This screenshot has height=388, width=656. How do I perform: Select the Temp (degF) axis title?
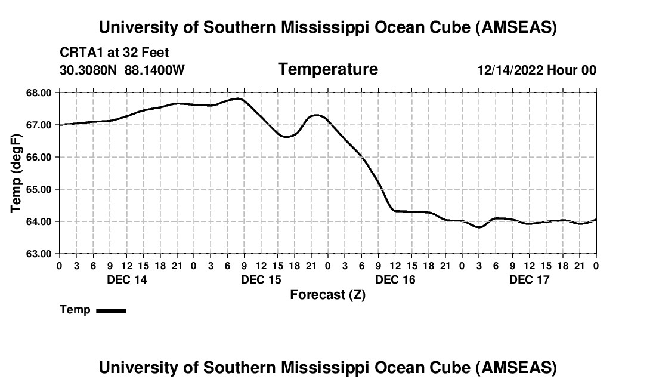tap(16, 173)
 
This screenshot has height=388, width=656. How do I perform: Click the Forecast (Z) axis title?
tap(327, 294)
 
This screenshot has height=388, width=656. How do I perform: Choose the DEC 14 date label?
tap(126, 279)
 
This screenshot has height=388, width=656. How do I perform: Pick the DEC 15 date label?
tap(261, 279)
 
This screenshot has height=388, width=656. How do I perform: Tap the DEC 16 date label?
tap(395, 279)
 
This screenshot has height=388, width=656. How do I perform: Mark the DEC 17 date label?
tap(530, 279)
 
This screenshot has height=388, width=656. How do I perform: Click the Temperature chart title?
tap(328, 69)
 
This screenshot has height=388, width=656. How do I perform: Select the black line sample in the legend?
tap(112, 310)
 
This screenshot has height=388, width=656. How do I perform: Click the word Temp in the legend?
tap(75, 310)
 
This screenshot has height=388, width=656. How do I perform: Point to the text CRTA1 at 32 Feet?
tap(115, 53)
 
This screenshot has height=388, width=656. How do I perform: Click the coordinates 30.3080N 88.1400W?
tap(122, 70)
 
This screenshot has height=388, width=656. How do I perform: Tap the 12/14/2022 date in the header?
tap(510, 70)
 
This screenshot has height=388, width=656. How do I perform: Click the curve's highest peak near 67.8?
tap(239, 98)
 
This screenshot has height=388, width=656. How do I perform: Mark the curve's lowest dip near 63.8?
tap(479, 227)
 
